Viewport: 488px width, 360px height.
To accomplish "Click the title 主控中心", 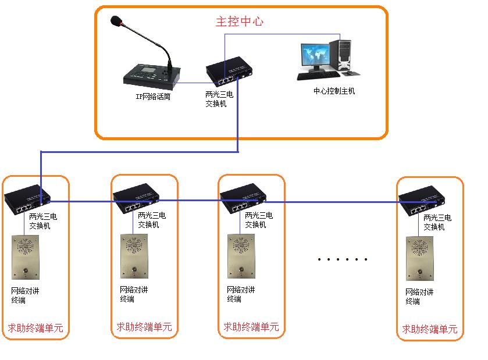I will [x=240, y=22].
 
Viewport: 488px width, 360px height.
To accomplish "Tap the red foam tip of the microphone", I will [x=117, y=22].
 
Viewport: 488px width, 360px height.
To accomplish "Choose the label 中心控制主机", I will [x=334, y=91].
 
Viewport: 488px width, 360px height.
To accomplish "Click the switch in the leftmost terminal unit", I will [x=27, y=200].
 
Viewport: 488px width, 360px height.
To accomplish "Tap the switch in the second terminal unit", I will [x=135, y=198].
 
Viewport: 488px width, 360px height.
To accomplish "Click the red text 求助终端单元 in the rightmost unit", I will [x=429, y=329].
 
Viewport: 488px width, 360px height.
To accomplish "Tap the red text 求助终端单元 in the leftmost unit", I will [x=35, y=328].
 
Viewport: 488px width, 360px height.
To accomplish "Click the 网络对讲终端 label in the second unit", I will [x=134, y=294].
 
